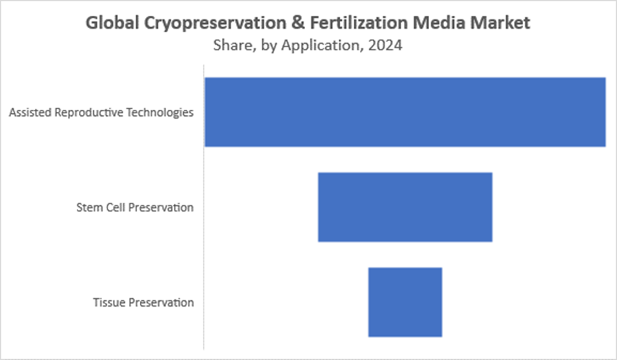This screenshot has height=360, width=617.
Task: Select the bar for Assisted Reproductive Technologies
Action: (x=405, y=112)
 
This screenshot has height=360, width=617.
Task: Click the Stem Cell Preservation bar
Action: (x=405, y=207)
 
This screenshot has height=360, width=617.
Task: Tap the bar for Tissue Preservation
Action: (x=405, y=302)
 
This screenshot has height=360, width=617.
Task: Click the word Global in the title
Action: (x=112, y=23)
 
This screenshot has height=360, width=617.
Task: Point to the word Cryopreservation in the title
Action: (x=215, y=23)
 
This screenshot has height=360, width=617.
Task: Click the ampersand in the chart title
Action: (x=298, y=23)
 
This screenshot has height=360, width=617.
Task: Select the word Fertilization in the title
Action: (x=359, y=23)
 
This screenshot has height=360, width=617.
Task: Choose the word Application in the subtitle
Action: (x=320, y=47)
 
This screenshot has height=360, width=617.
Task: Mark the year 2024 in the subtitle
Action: (x=385, y=45)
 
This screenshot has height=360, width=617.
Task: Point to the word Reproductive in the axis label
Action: (x=89, y=113)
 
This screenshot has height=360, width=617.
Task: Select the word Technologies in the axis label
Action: (x=160, y=113)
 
